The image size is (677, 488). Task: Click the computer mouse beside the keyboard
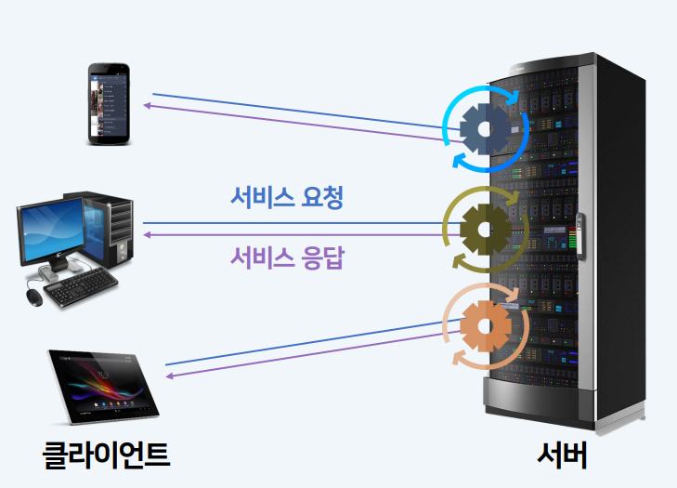point(33,297)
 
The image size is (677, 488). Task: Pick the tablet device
point(104,383)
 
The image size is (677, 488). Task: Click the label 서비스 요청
point(287,197)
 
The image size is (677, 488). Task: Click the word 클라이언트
point(108,454)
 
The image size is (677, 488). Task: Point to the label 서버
point(563,454)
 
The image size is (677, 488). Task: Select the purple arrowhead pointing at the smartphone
point(147,105)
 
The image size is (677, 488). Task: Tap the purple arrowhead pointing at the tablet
point(169,376)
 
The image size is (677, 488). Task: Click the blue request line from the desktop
point(297,223)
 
